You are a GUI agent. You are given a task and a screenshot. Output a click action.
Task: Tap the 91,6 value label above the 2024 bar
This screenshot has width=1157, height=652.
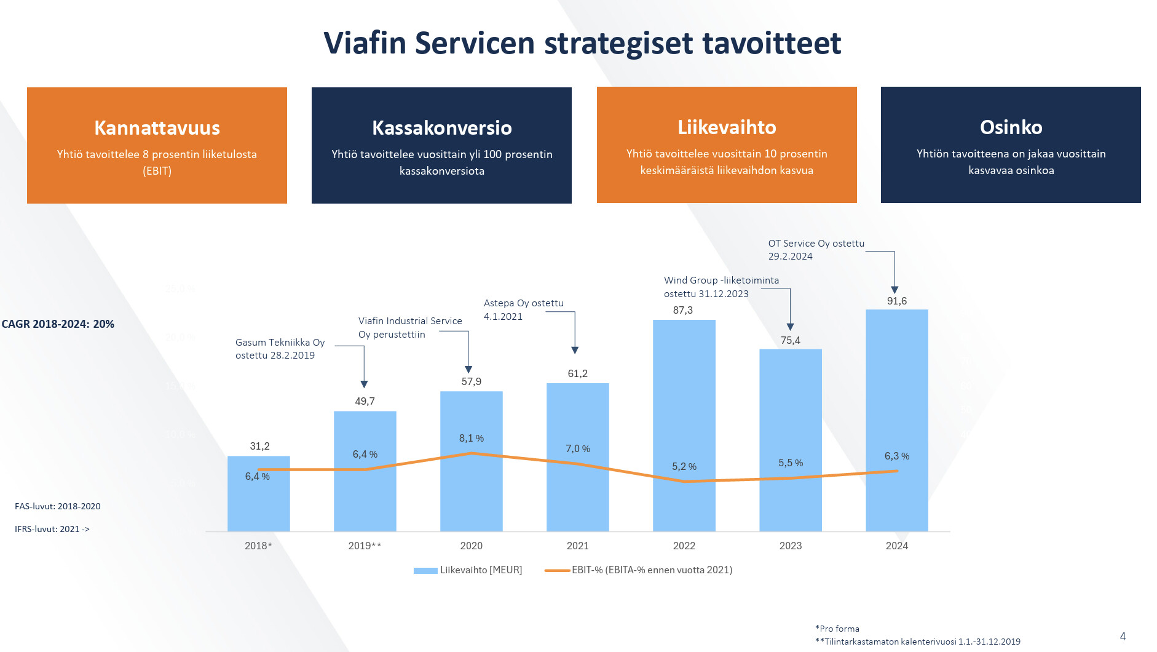click(896, 301)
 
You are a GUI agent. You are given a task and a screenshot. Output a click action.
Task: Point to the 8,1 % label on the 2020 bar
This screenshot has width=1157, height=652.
click(471, 439)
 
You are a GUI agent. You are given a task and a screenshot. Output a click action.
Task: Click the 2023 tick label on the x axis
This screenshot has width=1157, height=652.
click(790, 546)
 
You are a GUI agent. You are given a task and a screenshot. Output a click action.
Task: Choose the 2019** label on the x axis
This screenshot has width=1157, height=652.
click(365, 546)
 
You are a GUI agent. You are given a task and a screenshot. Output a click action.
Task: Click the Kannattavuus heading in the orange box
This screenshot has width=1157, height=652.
click(157, 128)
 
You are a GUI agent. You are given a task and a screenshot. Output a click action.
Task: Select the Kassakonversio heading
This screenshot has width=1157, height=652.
click(441, 128)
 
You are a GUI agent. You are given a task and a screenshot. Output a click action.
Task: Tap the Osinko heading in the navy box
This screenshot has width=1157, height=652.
click(1011, 127)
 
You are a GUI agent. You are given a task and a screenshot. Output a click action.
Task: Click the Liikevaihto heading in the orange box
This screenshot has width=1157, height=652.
click(727, 127)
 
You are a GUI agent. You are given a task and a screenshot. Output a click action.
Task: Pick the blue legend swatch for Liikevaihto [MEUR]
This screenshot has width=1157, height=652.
click(425, 571)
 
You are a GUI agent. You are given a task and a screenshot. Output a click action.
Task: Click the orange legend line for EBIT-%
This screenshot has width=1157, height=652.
click(557, 571)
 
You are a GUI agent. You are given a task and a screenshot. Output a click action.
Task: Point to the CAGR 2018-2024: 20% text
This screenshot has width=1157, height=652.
click(58, 324)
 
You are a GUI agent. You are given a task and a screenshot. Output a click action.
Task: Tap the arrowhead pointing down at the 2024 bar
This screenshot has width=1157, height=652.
click(894, 290)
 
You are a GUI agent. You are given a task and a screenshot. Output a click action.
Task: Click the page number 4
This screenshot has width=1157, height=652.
click(1123, 637)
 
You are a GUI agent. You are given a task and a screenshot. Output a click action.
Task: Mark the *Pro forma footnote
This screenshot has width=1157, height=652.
click(837, 629)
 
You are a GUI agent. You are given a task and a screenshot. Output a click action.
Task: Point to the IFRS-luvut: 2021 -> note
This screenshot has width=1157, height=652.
click(52, 529)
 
